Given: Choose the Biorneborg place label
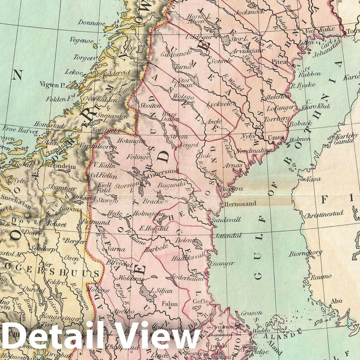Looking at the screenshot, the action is point(306,253).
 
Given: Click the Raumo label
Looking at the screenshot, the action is point(320,276).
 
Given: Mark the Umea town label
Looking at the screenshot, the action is point(276,137).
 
